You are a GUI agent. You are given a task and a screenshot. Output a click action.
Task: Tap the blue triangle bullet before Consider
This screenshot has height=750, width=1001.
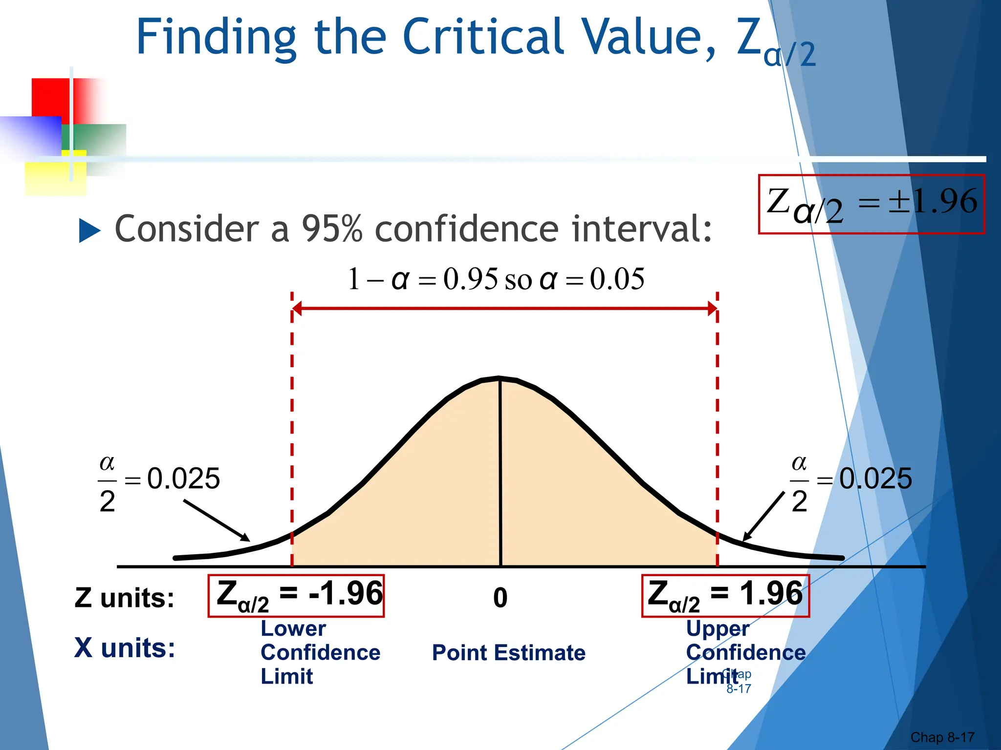pyautogui.click(x=89, y=230)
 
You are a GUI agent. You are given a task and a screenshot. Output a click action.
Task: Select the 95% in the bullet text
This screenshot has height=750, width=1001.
pyautogui.click(x=332, y=229)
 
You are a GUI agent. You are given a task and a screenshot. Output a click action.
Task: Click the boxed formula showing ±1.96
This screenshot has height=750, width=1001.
pyautogui.click(x=871, y=204)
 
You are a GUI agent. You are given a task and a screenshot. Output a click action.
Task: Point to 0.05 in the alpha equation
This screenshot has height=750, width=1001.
pyautogui.click(x=617, y=279)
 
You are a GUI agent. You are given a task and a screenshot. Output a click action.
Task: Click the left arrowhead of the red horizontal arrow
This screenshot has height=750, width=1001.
pyautogui.click(x=297, y=308)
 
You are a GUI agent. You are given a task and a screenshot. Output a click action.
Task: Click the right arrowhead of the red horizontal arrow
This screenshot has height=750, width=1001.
pyautogui.click(x=713, y=308)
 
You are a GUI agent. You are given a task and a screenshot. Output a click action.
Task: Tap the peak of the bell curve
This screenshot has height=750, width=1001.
pyautogui.click(x=500, y=378)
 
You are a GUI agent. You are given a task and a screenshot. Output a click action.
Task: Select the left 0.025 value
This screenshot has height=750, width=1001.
pyautogui.click(x=183, y=478)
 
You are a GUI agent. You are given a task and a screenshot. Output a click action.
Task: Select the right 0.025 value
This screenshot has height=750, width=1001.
pyautogui.click(x=875, y=478)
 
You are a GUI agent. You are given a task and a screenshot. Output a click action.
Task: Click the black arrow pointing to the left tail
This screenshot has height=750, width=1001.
pyautogui.click(x=218, y=521)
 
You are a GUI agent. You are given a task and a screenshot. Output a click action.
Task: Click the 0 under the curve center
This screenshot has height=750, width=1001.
pyautogui.click(x=500, y=598)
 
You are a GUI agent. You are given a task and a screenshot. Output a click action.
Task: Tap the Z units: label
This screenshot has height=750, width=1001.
pyautogui.click(x=124, y=598)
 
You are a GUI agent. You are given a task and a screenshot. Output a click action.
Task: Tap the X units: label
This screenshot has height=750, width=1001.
pyautogui.click(x=125, y=648)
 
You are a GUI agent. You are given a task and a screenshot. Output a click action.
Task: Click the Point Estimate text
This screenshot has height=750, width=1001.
pyautogui.click(x=508, y=653)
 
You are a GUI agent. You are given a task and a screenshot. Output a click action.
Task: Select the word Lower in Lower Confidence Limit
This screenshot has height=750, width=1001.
pyautogui.click(x=293, y=628)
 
